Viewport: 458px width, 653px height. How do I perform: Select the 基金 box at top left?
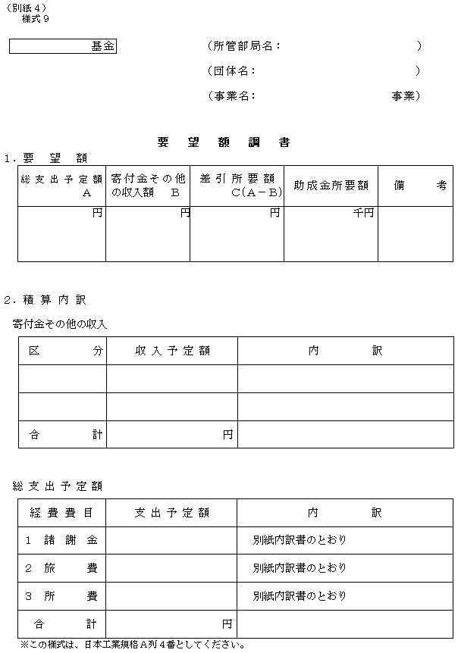click(63, 47)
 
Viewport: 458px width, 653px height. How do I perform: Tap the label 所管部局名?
click(244, 46)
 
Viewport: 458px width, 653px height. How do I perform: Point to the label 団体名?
click(231, 71)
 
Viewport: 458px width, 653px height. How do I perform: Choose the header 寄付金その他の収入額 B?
click(147, 186)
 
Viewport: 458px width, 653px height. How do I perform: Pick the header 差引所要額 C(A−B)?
click(237, 186)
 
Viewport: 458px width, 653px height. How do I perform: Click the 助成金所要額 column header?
click(331, 185)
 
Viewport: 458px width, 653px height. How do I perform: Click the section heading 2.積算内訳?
click(45, 300)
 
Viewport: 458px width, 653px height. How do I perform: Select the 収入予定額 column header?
click(172, 351)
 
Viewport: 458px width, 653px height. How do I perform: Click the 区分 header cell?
click(63, 351)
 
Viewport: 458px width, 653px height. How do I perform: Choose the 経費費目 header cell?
click(62, 513)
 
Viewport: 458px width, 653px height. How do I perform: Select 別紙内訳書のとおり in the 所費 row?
click(300, 595)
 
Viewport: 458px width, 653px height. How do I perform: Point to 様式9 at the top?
click(36, 18)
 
